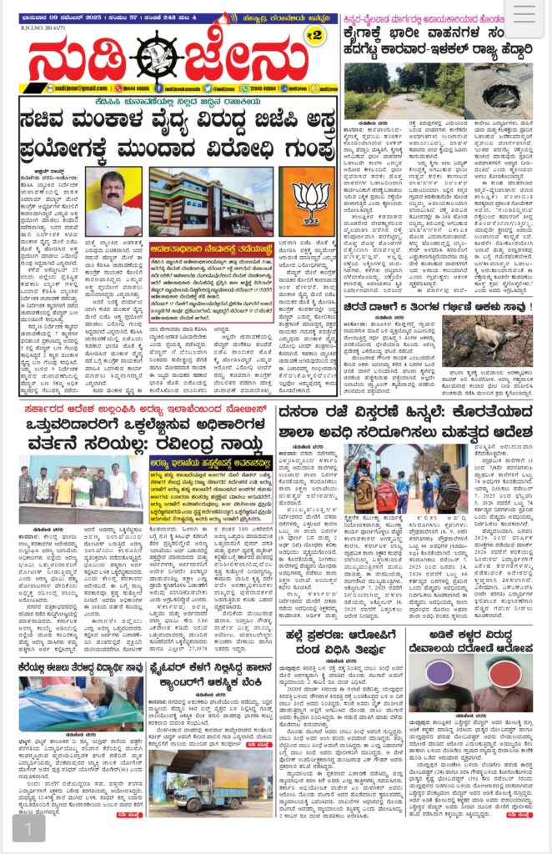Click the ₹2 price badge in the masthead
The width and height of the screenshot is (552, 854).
[x=314, y=34]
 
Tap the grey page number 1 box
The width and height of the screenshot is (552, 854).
[x=28, y=829]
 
